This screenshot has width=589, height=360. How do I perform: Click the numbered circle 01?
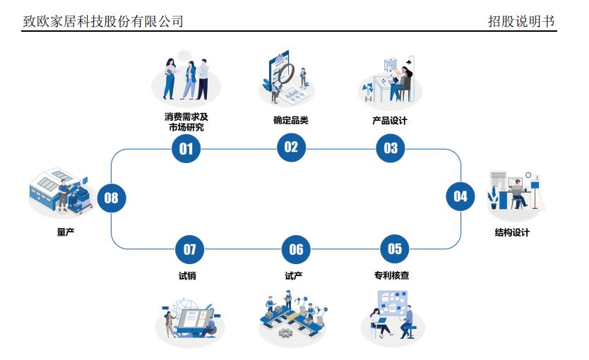186,148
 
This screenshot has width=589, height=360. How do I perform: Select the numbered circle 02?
291,147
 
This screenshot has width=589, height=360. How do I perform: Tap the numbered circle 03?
391,148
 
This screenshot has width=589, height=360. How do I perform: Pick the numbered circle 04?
460,196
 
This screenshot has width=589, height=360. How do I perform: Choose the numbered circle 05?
394,248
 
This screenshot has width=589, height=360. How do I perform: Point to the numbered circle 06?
296,249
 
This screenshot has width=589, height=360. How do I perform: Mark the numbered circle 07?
189,249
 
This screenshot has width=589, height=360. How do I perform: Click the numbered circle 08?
112,198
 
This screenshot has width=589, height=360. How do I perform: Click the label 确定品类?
291,121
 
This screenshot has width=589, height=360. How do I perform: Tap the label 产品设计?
390,121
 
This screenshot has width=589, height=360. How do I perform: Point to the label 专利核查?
392,275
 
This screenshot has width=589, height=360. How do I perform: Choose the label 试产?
294,275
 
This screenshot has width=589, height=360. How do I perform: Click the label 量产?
66,232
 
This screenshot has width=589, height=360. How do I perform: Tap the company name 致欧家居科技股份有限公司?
103,22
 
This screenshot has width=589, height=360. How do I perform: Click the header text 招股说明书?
521,22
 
